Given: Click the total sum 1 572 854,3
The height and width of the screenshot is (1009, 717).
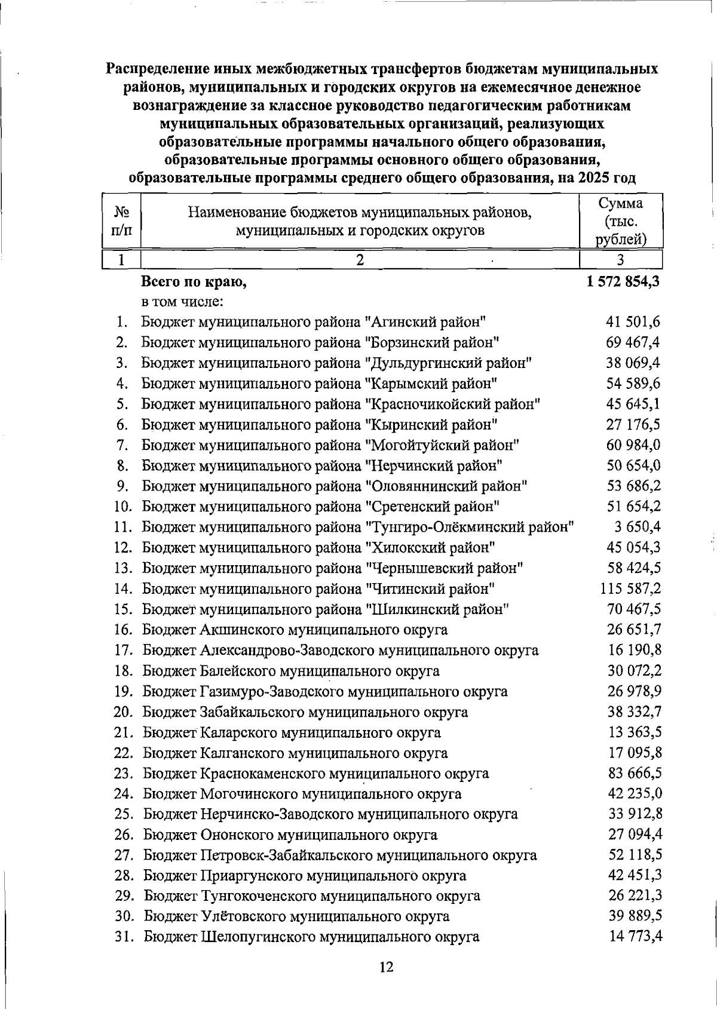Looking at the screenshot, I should [x=623, y=281].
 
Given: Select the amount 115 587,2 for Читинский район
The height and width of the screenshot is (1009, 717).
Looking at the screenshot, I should [x=630, y=589].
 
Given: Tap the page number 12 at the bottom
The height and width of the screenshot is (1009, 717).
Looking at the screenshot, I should [x=387, y=967].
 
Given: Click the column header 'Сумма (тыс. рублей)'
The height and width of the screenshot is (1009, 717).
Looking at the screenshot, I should [x=621, y=222].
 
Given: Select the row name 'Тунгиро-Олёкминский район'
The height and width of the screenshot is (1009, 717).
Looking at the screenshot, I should [x=470, y=527].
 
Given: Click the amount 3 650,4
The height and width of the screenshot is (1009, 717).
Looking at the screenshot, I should [x=637, y=527].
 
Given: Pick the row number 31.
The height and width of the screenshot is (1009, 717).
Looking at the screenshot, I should [x=124, y=937].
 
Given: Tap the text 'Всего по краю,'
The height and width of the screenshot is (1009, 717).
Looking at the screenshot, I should [x=194, y=282].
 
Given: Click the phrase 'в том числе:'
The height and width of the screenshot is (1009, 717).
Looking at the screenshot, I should [x=182, y=302].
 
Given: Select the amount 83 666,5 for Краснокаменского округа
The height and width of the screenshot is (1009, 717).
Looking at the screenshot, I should [x=635, y=773].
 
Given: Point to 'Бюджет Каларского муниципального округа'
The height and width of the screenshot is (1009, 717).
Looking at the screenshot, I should [x=292, y=732].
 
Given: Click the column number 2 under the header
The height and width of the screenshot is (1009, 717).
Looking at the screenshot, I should [x=360, y=260].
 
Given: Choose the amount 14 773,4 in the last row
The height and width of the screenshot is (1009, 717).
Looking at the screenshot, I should [x=636, y=936].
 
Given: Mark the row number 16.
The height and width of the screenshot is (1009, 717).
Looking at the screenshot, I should [x=123, y=630].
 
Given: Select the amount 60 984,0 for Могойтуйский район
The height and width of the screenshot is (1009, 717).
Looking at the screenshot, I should [x=633, y=445].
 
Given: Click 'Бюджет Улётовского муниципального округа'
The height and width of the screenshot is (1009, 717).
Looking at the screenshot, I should [x=296, y=916].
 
